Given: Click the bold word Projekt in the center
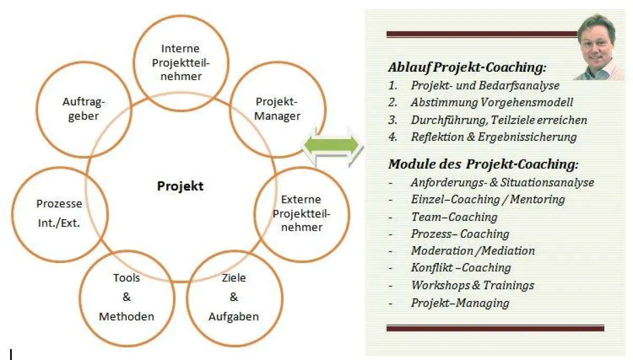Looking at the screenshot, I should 180,186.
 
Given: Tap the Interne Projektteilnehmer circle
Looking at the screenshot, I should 180,62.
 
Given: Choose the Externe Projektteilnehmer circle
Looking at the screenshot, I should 302,213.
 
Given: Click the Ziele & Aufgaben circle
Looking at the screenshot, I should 234,297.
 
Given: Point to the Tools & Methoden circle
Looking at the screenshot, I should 127,297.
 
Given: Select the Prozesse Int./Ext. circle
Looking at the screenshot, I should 59,213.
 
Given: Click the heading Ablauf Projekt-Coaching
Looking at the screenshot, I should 467,67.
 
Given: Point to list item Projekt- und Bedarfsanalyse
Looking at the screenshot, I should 485,85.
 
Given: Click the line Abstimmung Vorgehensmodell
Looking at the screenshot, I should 492,102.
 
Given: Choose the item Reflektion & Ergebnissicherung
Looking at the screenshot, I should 494,137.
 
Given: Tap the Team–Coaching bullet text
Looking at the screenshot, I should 454,217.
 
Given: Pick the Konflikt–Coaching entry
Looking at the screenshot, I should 461,268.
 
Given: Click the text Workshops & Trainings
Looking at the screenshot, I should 472,285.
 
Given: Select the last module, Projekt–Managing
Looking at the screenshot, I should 460,303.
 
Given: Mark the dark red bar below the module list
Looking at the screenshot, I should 495,328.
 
